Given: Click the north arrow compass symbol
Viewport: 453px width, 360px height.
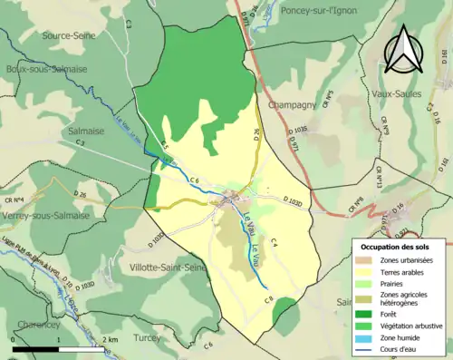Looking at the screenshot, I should point(405,49).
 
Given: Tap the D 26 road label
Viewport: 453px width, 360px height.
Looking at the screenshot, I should point(79,194).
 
